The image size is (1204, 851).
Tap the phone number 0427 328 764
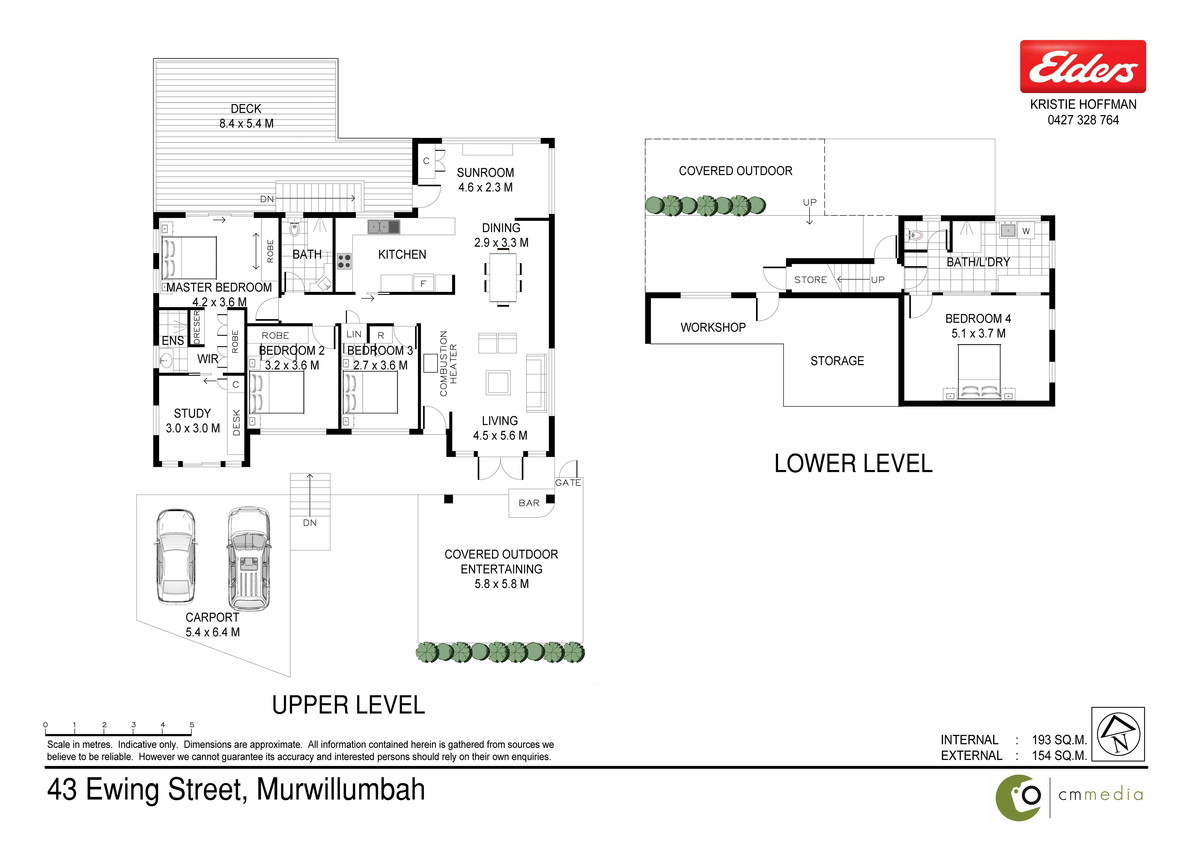pyautogui.click(x=1083, y=120)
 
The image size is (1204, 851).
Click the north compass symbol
pyautogui.click(x=1119, y=734)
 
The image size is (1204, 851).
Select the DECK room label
pyautogui.click(x=246, y=109)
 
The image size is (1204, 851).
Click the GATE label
pyautogui.click(x=568, y=483)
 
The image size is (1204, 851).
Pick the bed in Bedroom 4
pyautogui.click(x=979, y=372)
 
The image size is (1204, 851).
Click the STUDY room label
pyautogui.click(x=192, y=413)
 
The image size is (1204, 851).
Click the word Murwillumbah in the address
pyautogui.click(x=341, y=790)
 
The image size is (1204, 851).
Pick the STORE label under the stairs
pyautogui.click(x=810, y=280)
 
